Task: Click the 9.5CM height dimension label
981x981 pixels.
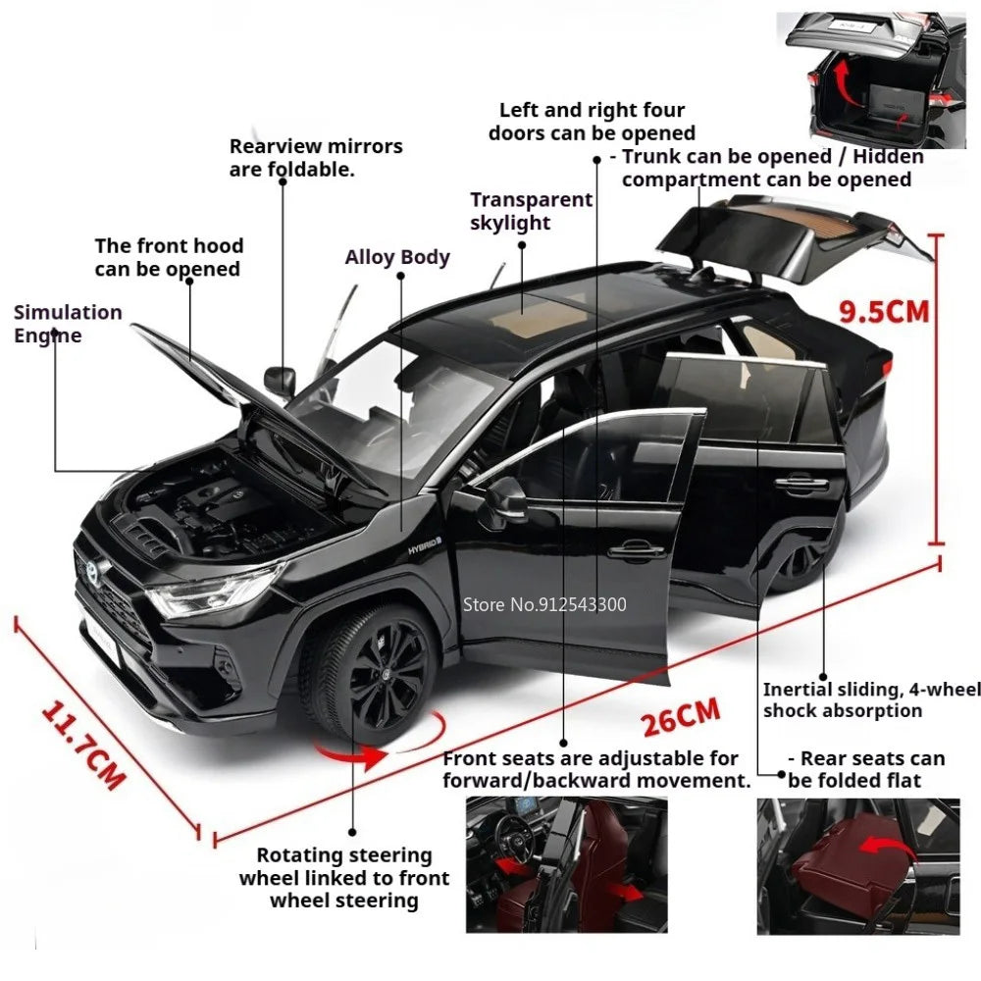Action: pos(884,312)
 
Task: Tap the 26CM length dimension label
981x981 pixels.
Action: pos(681,717)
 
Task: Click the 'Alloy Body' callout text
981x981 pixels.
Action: pos(397,257)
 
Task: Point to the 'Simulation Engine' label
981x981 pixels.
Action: pos(68,324)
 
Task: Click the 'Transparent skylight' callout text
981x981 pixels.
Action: pos(531,211)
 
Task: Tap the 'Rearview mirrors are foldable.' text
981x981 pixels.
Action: pos(316,157)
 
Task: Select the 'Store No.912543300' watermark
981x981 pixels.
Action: pos(544,604)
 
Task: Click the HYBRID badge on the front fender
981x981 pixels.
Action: pos(425,545)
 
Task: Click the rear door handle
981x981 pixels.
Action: pos(801,483)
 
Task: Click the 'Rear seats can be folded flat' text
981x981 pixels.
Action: pos(866,769)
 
